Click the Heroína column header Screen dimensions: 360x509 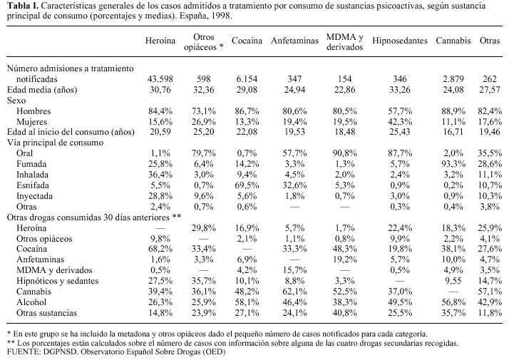tap(160, 41)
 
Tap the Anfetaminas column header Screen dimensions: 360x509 tap(294, 41)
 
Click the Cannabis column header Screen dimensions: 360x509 tap(453, 41)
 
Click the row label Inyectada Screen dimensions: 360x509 tap(36, 195)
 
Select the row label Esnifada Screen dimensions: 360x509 tap(35, 184)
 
